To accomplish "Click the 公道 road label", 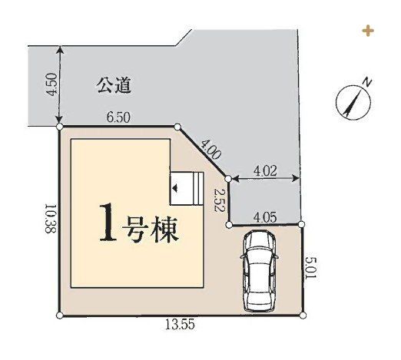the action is coord(114,85).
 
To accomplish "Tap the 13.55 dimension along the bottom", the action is coord(180,325).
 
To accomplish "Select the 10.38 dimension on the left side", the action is coord(51,218).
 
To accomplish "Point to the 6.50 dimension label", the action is coord(118,117).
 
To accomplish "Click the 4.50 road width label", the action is coord(51,84).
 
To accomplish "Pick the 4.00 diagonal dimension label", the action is coord(210,150).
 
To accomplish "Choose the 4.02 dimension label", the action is coord(265,171).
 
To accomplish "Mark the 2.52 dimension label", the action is coord(219,200).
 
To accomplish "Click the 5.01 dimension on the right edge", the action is coord(311,269).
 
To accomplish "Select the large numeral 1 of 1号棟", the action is coord(108,223).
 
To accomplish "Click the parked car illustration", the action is coord(259,271).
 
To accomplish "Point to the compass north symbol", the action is coord(353,102).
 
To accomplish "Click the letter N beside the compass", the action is coord(367,82).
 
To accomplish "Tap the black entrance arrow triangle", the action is coord(175,188).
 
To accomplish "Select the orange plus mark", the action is coord(368,31).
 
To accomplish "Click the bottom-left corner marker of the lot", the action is coord(59,315).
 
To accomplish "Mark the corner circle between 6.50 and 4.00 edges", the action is coord(177,127).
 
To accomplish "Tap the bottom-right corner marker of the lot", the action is coord(303,315).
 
